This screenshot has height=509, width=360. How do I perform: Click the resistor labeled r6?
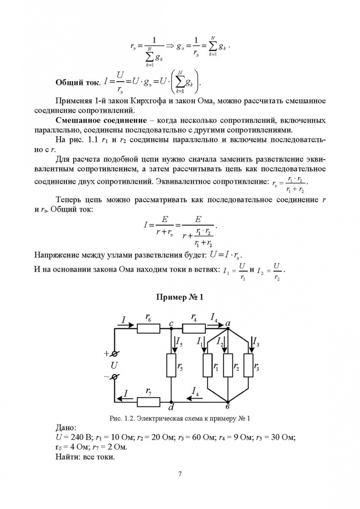click(x=149, y=328)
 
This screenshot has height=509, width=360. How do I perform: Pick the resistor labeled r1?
click(x=208, y=366)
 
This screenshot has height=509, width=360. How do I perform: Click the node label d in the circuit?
click(x=172, y=407)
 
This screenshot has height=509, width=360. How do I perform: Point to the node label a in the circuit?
click(x=228, y=322)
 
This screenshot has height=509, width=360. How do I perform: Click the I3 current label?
click(x=256, y=341)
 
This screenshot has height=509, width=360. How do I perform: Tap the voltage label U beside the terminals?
click(x=114, y=365)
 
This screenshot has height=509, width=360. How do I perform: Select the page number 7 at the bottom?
click(x=180, y=474)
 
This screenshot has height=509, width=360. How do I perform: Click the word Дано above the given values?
click(x=65, y=427)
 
